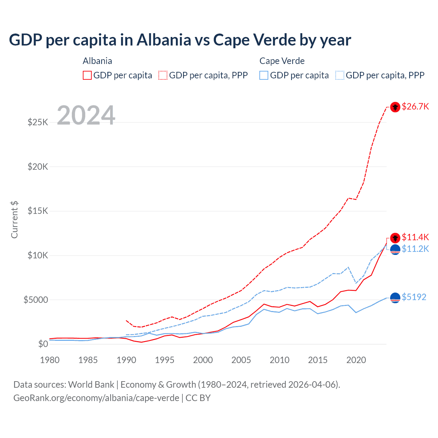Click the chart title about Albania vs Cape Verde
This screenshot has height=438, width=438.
coord(180,40)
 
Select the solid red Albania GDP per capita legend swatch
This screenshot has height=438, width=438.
coord(87,75)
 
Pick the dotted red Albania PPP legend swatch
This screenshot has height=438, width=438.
coord(163,75)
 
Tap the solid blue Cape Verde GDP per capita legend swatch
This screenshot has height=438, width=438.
coord(264,75)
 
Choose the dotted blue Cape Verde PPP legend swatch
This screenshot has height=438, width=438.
coord(340,75)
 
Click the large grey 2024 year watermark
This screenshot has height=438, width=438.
coord(86,115)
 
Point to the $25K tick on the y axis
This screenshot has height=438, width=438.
coord(38,122)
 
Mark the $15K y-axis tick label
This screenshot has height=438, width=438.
coord(38,211)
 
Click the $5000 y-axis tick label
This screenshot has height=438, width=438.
coord(36,300)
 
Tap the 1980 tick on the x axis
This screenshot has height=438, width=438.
coord(50,360)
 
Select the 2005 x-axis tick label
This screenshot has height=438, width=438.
coord(241,360)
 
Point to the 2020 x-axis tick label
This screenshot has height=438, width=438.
coord(356,360)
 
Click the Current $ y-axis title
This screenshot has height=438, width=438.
coord(14,219)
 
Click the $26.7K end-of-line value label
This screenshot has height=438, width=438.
coord(415,107)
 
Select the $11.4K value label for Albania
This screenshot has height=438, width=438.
coord(415,237)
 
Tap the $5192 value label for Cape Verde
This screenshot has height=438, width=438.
coord(414,297)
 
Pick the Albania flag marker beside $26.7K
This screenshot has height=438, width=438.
coord(395,107)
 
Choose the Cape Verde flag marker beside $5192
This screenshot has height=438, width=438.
coord(395,298)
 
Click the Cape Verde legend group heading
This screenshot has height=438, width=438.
coord(282,61)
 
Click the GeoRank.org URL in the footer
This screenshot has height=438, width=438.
coord(96,398)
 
